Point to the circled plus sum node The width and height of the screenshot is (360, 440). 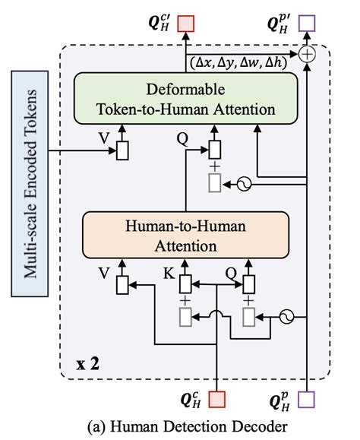click(308, 53)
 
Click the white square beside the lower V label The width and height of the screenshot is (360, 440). click(121, 286)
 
